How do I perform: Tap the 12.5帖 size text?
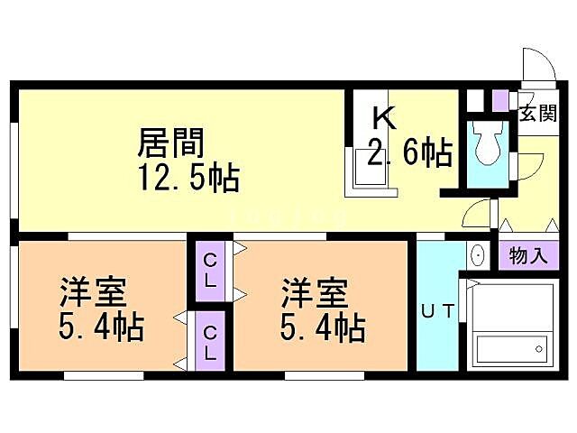(188, 178)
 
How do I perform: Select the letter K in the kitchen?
(384, 118)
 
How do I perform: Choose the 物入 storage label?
(527, 255)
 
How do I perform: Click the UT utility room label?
(438, 312)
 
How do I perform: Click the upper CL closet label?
(209, 270)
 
